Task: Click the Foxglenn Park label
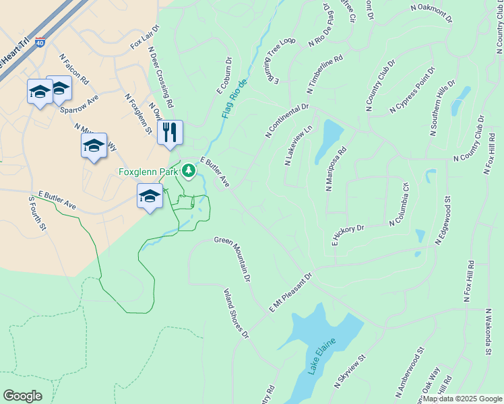(149, 172)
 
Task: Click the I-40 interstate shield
(40, 42)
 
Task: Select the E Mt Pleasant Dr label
(291, 293)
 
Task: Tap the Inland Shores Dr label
(237, 314)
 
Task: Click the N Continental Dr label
(287, 121)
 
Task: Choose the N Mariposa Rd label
(336, 169)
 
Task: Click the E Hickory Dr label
(348, 235)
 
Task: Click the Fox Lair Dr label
(144, 36)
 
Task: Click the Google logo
(23, 396)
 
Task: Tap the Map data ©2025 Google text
(462, 399)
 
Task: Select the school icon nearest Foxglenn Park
(150, 196)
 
